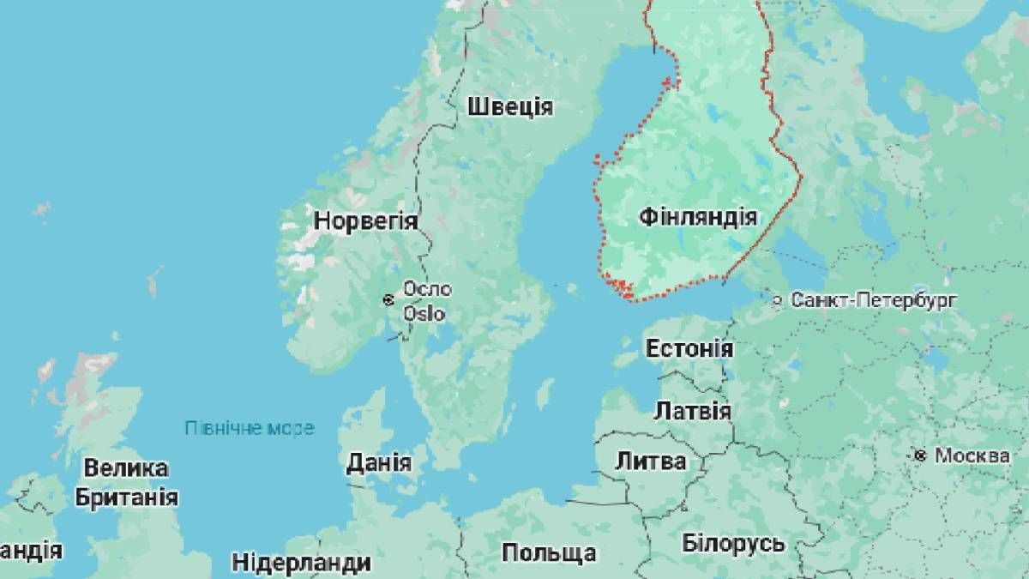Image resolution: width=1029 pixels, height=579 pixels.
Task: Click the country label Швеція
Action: click(510, 107)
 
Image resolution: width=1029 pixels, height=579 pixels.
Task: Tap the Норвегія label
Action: click(365, 220)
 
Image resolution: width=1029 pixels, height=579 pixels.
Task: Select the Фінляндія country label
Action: click(698, 217)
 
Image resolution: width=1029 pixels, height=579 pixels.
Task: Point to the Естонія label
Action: click(689, 349)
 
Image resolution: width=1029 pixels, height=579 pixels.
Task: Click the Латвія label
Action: click(692, 411)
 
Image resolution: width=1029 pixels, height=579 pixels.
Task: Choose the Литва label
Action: click(651, 461)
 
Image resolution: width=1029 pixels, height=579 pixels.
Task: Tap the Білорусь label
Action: click(733, 543)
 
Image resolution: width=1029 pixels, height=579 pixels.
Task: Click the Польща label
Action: click(549, 552)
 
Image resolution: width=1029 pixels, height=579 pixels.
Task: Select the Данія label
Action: click(378, 463)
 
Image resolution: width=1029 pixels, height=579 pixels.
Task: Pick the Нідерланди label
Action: click(302, 563)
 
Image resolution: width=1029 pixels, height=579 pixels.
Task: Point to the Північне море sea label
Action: click(250, 427)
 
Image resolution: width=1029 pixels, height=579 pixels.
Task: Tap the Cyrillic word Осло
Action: click(427, 289)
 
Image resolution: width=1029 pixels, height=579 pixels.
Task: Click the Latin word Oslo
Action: click(424, 313)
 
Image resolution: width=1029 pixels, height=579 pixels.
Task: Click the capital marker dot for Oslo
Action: click(388, 299)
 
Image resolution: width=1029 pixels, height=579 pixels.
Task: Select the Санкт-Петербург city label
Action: click(874, 300)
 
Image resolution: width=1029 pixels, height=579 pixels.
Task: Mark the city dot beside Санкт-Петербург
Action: click(777, 300)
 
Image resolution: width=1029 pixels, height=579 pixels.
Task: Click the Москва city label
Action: click(972, 455)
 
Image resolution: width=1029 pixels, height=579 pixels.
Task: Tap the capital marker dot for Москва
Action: click(920, 455)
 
